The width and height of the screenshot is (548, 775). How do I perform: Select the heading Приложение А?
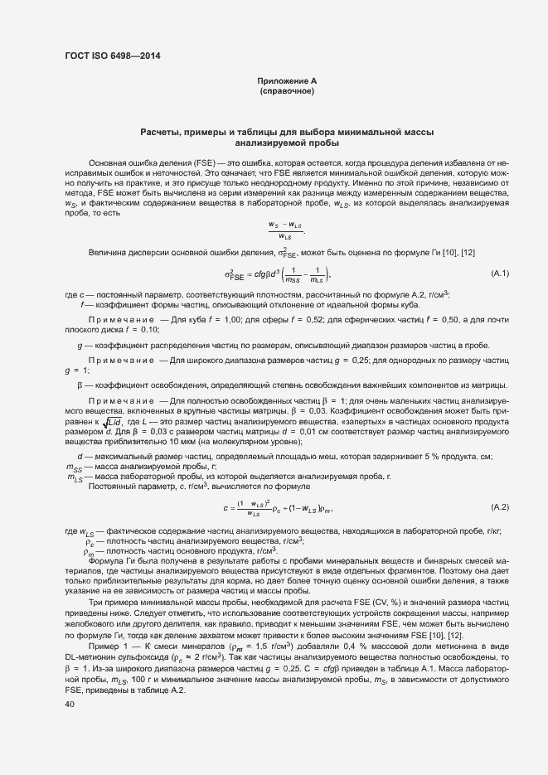[x=287, y=80]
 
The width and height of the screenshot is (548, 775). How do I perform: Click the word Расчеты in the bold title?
[x=163, y=133]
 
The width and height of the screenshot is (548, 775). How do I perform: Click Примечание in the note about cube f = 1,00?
[x=114, y=318]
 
